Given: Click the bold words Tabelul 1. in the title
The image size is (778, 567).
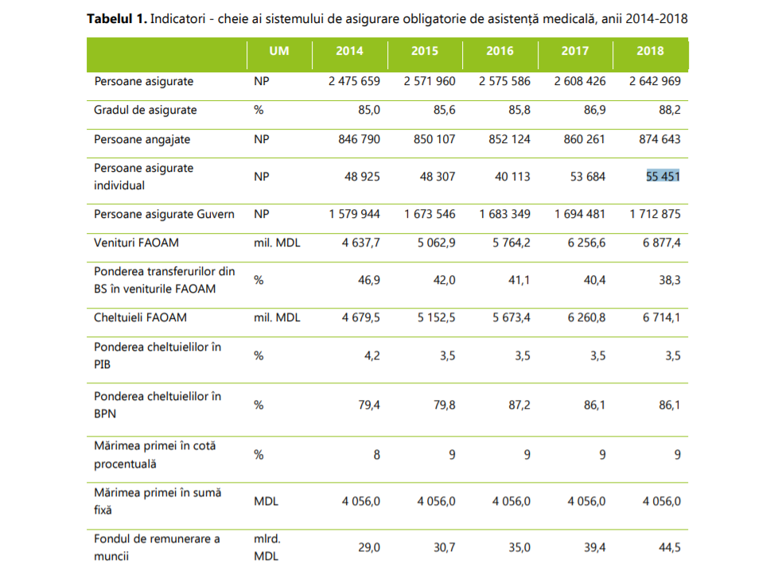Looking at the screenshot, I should [116, 18].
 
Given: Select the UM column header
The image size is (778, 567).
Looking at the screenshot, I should [278, 51].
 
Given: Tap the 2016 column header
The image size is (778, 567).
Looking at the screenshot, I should [500, 51].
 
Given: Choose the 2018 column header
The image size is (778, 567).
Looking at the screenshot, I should [650, 51].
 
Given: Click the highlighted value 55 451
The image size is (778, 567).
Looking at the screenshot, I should [662, 177].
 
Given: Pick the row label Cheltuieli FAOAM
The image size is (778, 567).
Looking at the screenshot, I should [140, 317].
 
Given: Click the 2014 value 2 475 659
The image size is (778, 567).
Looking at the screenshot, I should [354, 81].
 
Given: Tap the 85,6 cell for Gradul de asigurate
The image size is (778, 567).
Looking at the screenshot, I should [442, 110].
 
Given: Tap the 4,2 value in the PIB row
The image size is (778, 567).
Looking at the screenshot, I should [371, 355].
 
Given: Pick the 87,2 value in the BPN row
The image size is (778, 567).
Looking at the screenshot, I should [518, 405].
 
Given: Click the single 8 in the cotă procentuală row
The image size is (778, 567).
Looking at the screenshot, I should [376, 455].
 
